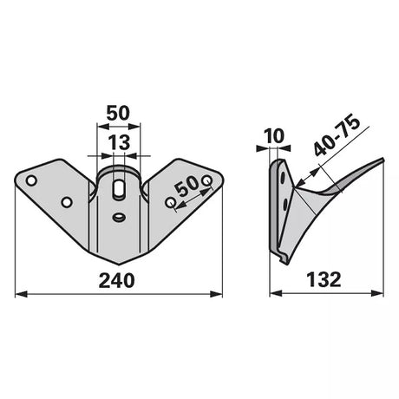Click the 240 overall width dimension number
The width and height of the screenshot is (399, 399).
[x=117, y=280]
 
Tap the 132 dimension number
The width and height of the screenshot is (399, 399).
[x=324, y=279]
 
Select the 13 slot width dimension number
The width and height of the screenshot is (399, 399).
[x=119, y=142]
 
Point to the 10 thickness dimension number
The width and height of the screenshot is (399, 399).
[x=274, y=136]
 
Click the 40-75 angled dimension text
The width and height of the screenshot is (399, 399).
[x=337, y=136]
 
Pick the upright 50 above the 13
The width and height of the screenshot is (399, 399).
[x=118, y=113]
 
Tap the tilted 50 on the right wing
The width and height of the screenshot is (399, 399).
[x=187, y=186]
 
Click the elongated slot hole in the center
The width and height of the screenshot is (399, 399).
[x=118, y=189]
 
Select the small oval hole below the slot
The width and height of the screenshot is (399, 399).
[x=118, y=217]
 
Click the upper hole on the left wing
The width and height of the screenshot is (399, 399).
[x=31, y=180]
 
